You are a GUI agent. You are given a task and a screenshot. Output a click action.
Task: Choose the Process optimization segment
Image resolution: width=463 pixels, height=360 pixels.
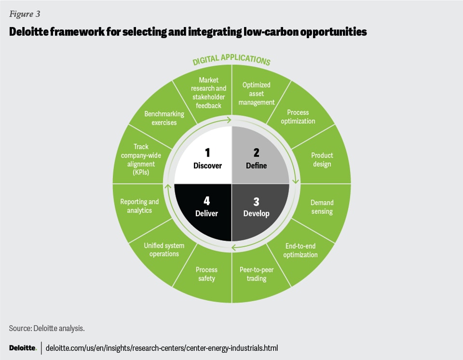pyautogui.click(x=298, y=117)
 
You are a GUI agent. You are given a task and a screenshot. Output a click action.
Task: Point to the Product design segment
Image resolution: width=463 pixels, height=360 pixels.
pyautogui.click(x=322, y=160)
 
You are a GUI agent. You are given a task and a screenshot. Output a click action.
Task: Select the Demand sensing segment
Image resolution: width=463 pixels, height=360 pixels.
pyautogui.click(x=322, y=207)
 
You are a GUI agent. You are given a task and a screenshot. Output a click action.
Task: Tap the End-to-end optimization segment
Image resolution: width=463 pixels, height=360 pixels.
pyautogui.click(x=300, y=251)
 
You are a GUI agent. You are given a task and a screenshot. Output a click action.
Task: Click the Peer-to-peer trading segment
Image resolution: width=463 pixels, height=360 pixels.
pyautogui.click(x=257, y=274)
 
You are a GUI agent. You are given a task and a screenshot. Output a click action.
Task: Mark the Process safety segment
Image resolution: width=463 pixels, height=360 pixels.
pyautogui.click(x=206, y=274)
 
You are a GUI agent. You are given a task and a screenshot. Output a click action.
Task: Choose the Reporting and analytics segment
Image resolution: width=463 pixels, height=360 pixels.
pyautogui.click(x=139, y=206)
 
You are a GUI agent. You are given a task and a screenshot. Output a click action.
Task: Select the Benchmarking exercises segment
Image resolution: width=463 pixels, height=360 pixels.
pyautogui.click(x=164, y=118)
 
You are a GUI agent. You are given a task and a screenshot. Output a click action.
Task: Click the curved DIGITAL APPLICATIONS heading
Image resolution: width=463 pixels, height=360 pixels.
pyautogui.click(x=231, y=61)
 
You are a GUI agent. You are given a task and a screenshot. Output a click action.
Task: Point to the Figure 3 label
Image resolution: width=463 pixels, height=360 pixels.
pyautogui.click(x=24, y=13)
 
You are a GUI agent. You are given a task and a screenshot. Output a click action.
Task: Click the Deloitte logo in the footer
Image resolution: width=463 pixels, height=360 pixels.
pyautogui.click(x=23, y=348)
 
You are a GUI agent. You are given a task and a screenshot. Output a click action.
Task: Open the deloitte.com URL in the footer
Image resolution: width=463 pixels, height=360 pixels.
pyautogui.click(x=162, y=348)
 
